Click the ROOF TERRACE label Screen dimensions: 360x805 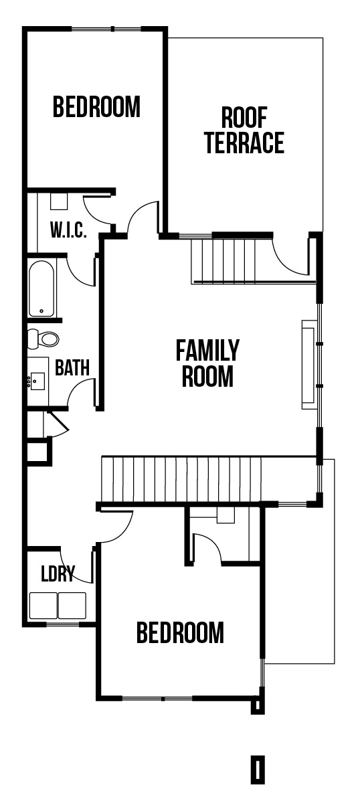[x=244, y=130]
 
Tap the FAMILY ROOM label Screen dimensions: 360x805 [x=207, y=363]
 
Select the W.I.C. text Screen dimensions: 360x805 [x=68, y=230]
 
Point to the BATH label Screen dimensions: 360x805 [x=72, y=367]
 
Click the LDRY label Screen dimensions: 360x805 [x=58, y=573]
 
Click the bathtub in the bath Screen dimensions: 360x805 [x=41, y=289]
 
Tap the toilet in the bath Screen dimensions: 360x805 [x=43, y=339]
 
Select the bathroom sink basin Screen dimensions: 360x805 [x=37, y=381]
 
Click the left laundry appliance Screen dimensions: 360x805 [x=43, y=606]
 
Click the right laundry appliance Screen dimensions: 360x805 [x=72, y=606]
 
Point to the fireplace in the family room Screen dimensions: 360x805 [x=308, y=365]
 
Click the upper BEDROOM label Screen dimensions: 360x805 [x=96, y=107]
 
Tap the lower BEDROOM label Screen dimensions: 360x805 [x=180, y=633]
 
